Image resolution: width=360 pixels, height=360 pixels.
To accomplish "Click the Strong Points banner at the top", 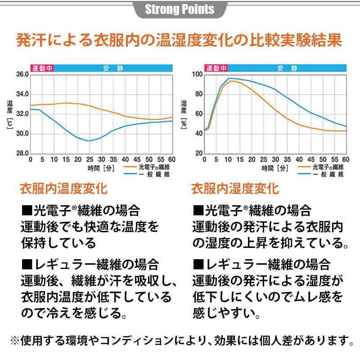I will [180, 9].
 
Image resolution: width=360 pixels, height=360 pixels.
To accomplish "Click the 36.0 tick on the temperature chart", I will [22, 74].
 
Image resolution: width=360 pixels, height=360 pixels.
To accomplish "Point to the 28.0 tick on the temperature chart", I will [22, 153].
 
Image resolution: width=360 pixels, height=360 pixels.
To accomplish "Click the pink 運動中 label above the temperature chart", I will [42, 68].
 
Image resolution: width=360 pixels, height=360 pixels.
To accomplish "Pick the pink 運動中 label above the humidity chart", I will [216, 68].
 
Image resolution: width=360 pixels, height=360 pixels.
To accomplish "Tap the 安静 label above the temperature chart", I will [113, 68].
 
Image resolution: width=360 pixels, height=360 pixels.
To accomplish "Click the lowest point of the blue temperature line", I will [89, 141].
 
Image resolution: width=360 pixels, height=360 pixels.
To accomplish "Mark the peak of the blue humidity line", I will [229, 78].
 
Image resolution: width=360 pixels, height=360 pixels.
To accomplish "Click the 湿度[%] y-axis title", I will [184, 114].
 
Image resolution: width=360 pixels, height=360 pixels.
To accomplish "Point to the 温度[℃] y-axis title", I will [9, 115].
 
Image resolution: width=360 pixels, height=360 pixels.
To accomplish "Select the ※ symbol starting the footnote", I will [15, 339].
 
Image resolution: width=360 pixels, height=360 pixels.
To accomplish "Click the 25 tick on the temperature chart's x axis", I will [89, 160].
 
